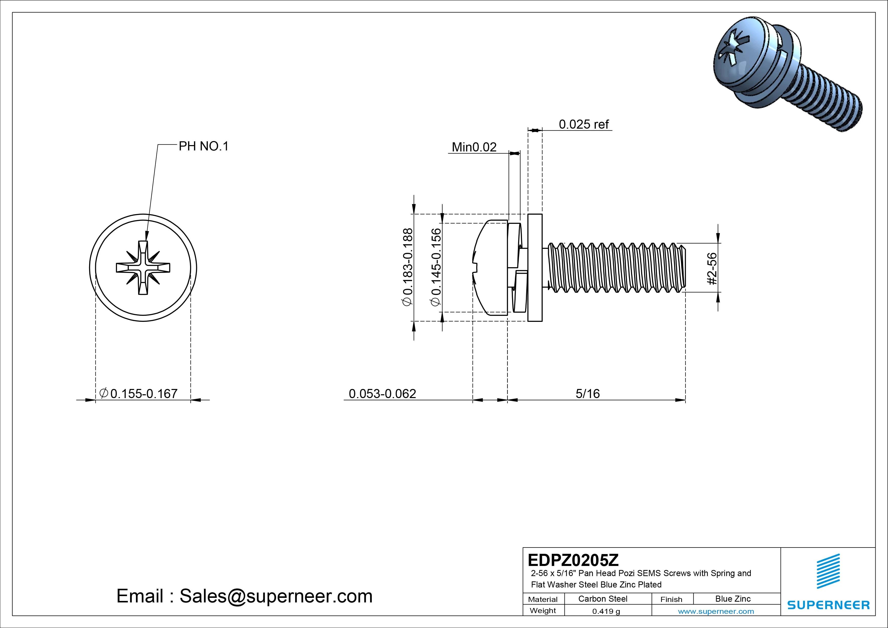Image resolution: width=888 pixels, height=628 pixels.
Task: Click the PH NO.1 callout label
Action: (x=204, y=146)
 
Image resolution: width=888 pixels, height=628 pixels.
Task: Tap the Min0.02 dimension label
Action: (x=474, y=147)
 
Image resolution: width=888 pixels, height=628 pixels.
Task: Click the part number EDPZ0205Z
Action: (x=573, y=560)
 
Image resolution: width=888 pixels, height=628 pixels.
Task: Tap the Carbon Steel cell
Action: (x=602, y=599)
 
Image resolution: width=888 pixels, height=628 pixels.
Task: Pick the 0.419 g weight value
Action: (x=606, y=611)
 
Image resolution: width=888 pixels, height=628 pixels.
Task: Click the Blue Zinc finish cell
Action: (x=733, y=599)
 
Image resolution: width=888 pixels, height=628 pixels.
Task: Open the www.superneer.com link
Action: (x=716, y=611)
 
